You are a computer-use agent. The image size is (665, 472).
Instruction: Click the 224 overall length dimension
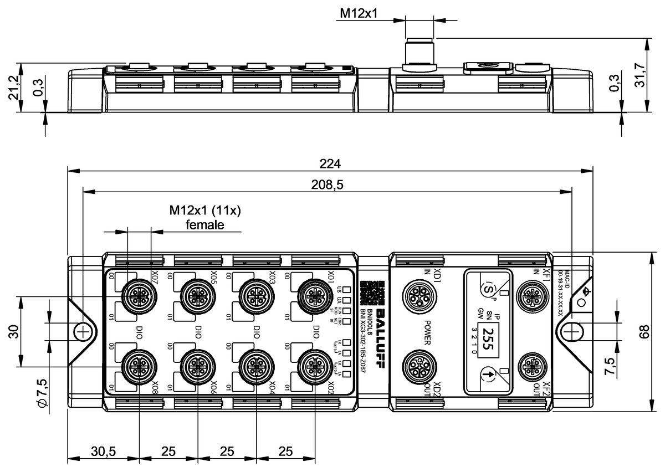click(330, 164)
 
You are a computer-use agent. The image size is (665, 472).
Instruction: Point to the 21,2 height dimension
click(14, 88)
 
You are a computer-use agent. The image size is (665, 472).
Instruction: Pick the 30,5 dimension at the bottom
click(103, 452)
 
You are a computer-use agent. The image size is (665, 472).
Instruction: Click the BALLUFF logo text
click(381, 332)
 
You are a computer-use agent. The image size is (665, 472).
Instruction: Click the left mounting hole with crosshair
click(82, 332)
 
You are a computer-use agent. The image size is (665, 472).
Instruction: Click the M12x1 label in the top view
click(360, 13)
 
